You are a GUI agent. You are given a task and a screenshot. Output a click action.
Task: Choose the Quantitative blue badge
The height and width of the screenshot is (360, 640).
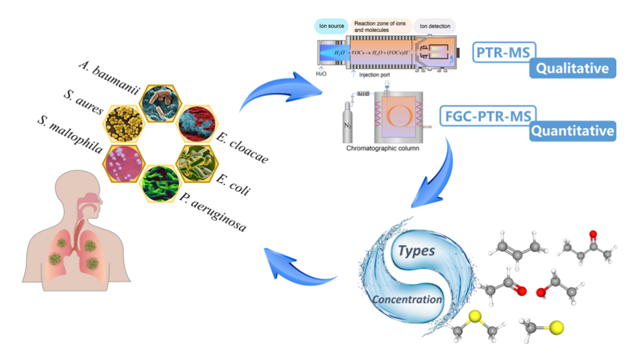[574, 130]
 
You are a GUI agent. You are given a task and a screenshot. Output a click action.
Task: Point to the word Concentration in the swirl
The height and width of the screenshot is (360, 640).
[406, 300]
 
